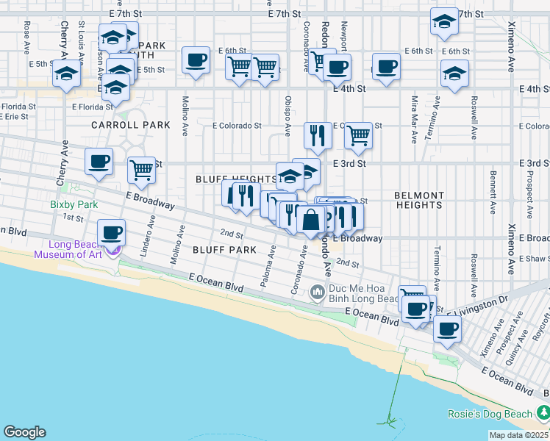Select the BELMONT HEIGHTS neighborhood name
419,201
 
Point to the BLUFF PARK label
224,250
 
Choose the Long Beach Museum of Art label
74,250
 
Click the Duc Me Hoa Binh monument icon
318,293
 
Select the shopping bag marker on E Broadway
311,220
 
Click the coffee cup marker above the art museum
111,233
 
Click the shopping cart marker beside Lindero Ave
140,170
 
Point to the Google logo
24,432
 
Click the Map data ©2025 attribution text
519,435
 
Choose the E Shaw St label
535,259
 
